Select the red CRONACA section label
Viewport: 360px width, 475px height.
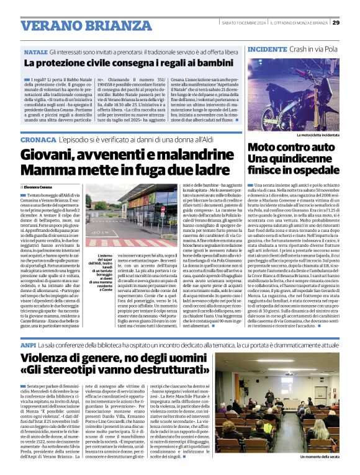[x=37, y=141]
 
